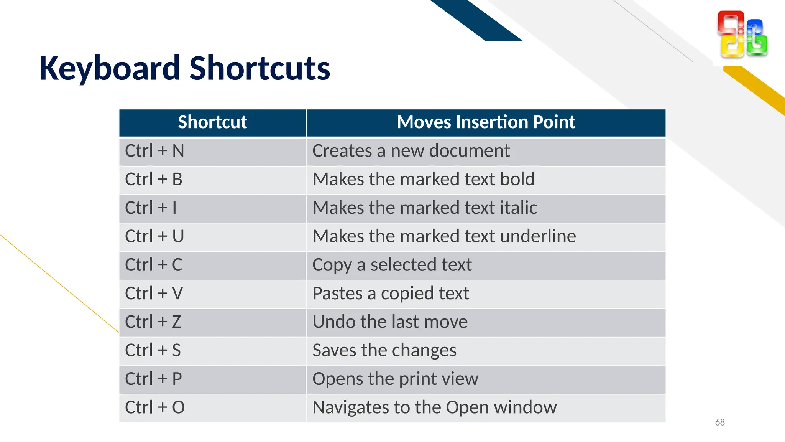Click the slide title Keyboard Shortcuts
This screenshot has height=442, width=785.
coord(185,68)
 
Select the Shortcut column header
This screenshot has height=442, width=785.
coord(212,122)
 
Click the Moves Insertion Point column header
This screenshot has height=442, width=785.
coord(486,122)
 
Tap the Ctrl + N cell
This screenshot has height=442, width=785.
coord(154,151)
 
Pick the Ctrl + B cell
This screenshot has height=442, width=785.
coord(154,179)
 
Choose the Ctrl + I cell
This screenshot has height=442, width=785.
coord(151,208)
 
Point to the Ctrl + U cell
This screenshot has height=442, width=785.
coord(154,236)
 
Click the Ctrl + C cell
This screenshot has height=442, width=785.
coord(154,265)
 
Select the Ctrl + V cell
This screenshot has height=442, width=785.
coord(154,294)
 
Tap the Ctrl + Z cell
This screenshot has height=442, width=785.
coord(153,322)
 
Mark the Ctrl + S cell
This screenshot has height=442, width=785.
coord(153,350)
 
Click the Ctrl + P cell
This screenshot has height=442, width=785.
coord(153,379)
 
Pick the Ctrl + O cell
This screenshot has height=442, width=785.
coord(155,407)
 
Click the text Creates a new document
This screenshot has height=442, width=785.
coord(411,151)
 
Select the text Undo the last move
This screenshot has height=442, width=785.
coord(390,322)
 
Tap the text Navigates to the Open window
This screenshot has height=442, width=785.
coord(434,407)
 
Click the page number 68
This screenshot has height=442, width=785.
coord(720,422)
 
